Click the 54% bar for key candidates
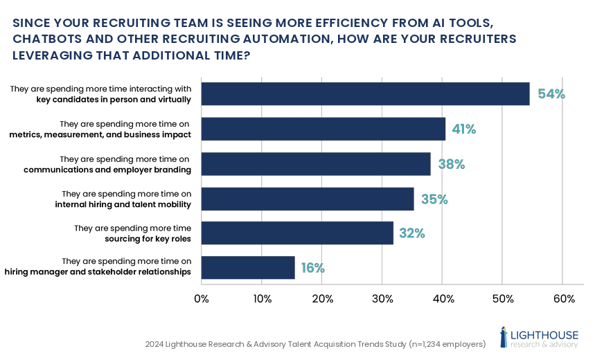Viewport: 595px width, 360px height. [x=365, y=94]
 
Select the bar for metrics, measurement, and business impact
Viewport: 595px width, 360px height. [x=323, y=129]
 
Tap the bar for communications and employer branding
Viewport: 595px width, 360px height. [x=316, y=164]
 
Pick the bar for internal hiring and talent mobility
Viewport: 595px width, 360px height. [x=308, y=199]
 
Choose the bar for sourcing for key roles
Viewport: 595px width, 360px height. [x=297, y=233]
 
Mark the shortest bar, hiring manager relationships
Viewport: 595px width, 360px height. [x=248, y=268]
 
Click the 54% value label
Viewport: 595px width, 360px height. [x=551, y=94]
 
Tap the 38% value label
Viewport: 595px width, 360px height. [x=451, y=165]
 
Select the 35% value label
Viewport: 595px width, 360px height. [x=434, y=199]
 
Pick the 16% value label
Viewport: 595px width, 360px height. [x=312, y=268]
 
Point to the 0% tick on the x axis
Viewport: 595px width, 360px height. [x=202, y=299]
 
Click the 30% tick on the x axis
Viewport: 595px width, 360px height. [x=382, y=299]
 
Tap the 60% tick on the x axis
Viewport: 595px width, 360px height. [x=564, y=299]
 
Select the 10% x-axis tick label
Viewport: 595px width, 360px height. [x=262, y=299]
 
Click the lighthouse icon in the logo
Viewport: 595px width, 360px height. [x=504, y=336]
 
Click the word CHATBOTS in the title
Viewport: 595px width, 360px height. [x=49, y=39]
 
